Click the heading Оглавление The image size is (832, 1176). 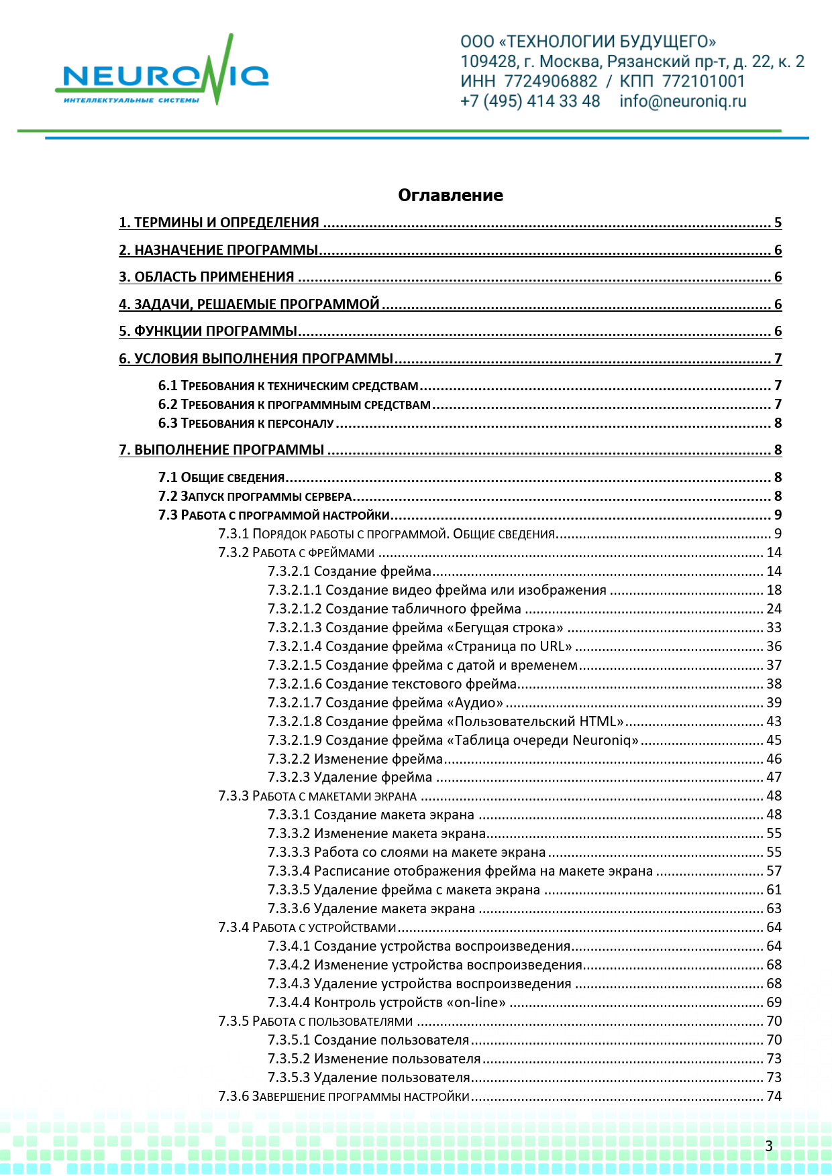450,195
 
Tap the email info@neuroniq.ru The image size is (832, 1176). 682,101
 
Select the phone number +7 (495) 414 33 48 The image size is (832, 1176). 530,101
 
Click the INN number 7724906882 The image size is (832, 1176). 550,81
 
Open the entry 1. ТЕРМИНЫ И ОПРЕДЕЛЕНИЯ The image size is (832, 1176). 219,223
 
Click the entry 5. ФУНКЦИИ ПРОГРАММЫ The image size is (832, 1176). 208,331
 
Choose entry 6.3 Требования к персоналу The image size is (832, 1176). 246,423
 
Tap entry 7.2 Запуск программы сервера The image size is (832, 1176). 255,496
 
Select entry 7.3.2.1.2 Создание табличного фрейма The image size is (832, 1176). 395,609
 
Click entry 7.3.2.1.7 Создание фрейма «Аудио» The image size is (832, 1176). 386,703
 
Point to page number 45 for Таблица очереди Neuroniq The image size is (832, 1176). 774,740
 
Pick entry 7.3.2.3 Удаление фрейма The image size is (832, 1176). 350,777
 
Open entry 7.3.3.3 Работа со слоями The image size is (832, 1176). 407,852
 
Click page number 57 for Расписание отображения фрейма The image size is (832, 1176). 774,871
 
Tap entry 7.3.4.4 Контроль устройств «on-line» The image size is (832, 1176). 387,1002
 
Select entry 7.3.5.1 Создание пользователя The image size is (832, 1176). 368,1040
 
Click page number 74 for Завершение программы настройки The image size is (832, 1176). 774,1096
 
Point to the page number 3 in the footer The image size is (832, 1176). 769,1146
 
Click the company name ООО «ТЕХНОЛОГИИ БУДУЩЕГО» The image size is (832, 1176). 588,42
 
